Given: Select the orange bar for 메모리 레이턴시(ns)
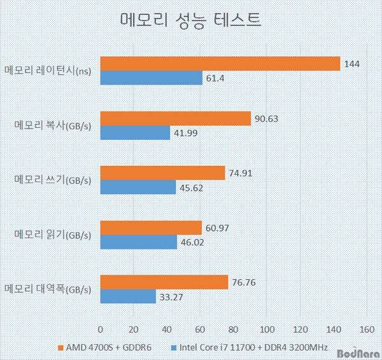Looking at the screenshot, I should (x=220, y=64).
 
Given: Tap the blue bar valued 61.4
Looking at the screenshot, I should (x=152, y=78).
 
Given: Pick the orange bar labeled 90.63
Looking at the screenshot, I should (x=176, y=119).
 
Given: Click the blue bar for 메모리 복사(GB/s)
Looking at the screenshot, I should (x=136, y=133).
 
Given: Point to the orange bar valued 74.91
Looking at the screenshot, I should (x=163, y=173).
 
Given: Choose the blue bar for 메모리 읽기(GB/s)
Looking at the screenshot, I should (x=139, y=242).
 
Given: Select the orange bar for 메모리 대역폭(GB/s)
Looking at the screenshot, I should (x=164, y=282).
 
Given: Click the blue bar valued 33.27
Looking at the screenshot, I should (x=128, y=296).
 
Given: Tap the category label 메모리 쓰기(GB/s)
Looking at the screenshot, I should (x=53, y=180).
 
